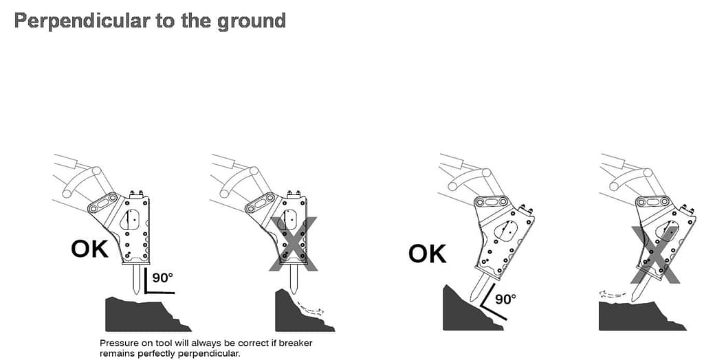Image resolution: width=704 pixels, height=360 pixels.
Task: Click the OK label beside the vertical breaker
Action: pos(90,249)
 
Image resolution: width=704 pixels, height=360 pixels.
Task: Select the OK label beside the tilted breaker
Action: pos(428,254)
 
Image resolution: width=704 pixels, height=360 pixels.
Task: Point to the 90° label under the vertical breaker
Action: pos(162,278)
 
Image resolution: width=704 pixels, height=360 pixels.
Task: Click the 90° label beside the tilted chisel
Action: pos(505,299)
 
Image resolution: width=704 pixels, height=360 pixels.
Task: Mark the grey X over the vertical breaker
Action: pos(293,244)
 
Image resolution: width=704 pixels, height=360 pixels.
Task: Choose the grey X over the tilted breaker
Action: pos(655,255)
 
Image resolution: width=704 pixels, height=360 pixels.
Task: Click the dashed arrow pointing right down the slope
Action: pos(310,308)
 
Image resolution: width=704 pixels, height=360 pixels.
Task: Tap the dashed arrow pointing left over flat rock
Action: pos(611,295)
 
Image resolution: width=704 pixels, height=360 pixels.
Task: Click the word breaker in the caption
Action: pos(296,344)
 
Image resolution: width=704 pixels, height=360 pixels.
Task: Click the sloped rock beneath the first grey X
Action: pos(301,313)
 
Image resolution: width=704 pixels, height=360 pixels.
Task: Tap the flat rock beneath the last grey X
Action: pos(642,317)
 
